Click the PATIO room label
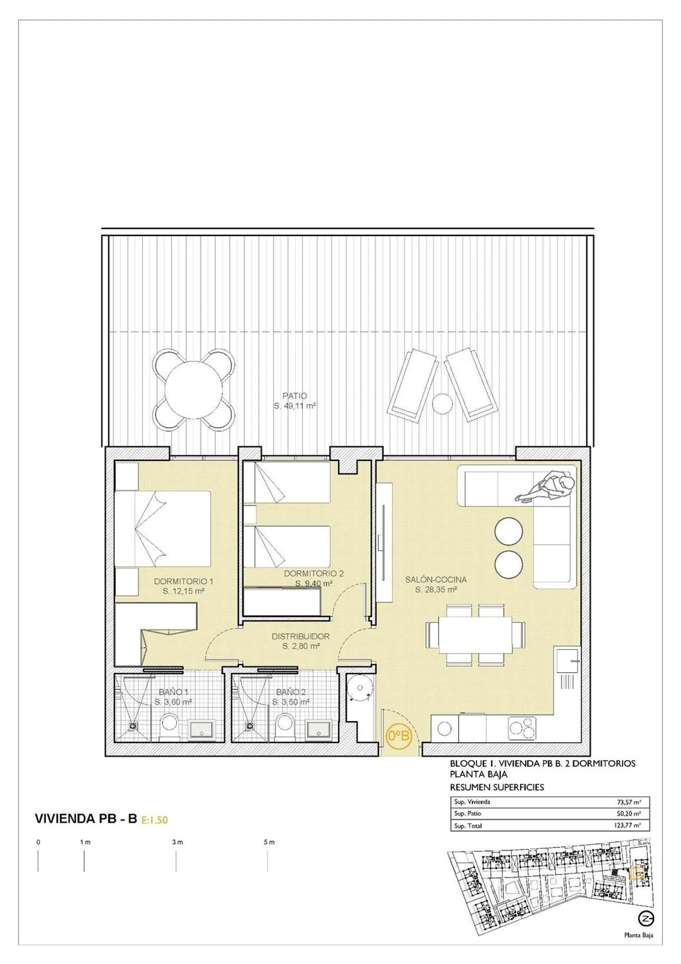tap(295, 396)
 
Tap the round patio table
tap(193, 390)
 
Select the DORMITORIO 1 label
tap(183, 581)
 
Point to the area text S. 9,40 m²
tap(314, 583)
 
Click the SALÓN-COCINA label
tap(436, 579)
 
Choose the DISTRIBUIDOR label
tap(301, 636)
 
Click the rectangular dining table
tap(475, 634)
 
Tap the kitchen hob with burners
tap(522, 729)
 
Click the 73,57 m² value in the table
tap(629, 802)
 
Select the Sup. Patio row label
tap(468, 813)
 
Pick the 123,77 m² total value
tap(627, 826)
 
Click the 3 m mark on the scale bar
tap(177, 842)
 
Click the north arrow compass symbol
tap(646, 919)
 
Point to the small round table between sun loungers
tap(442, 403)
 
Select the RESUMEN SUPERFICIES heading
tap(497, 787)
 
